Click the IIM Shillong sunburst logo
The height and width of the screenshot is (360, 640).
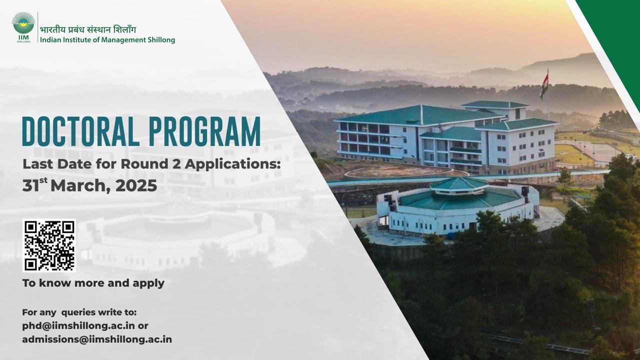tap(23, 27)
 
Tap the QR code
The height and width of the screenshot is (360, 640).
tap(49, 245)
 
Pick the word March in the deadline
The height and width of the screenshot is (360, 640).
tap(80, 186)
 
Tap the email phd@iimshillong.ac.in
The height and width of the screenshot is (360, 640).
tap(78, 326)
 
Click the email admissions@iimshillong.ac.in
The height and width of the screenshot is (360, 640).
tap(97, 339)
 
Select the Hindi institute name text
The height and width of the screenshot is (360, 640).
tap(88, 29)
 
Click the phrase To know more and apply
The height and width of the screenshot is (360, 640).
tap(93, 283)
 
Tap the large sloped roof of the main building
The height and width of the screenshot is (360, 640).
tap(420, 115)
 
